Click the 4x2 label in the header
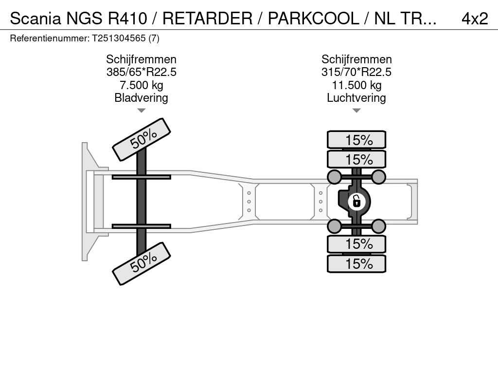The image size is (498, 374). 475,19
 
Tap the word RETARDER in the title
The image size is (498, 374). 207,19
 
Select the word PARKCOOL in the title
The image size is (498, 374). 313,19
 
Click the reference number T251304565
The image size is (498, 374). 119,38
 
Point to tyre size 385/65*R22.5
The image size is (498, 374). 142,72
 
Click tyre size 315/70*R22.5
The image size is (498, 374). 356,72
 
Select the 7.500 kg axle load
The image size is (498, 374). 142,85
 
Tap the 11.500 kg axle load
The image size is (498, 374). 356,85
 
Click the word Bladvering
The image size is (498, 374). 142,97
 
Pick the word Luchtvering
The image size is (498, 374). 356,97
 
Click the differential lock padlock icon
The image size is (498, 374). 356,202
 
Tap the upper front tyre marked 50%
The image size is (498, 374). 142,140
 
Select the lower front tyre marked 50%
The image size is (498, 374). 142,263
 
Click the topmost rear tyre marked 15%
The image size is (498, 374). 356,140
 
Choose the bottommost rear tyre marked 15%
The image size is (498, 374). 356,263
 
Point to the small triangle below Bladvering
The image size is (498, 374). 142,111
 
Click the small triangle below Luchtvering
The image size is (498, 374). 356,111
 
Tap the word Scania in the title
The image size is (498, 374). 35,19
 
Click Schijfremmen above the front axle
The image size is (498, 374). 142,59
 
